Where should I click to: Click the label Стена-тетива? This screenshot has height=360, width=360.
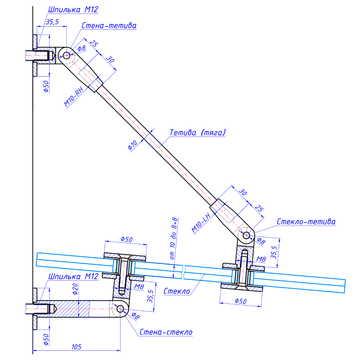109,26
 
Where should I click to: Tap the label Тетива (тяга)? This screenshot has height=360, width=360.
197,132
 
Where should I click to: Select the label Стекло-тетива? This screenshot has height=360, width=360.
306,222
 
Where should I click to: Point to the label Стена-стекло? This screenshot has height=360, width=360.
166,332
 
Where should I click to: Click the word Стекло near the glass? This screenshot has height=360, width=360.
177,291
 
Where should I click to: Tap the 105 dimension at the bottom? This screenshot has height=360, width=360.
76,347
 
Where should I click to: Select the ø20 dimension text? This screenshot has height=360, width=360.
75,289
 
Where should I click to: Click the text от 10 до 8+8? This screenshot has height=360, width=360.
173,238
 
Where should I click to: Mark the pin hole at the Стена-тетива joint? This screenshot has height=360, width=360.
66,55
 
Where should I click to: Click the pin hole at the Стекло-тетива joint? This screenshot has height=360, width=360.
247,235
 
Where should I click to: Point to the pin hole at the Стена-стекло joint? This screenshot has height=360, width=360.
121,309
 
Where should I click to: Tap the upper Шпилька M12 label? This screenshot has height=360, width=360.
73,9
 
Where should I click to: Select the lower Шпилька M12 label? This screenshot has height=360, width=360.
73,276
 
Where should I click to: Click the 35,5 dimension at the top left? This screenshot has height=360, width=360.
52,22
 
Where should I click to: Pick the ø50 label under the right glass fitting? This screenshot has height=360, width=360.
241,301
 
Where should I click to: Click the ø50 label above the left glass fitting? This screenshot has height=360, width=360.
126,239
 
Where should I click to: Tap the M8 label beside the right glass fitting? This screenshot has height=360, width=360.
261,259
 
